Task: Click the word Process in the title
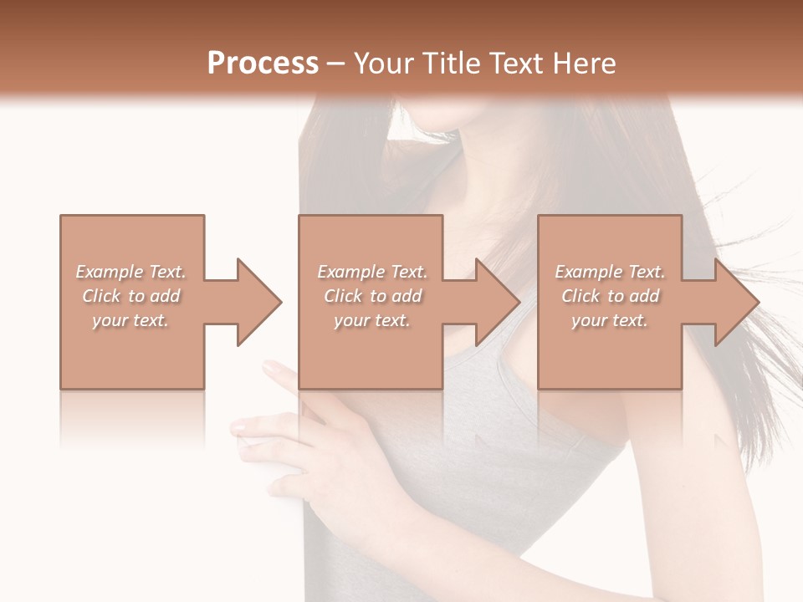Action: coord(263,64)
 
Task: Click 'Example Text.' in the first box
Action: coord(130,272)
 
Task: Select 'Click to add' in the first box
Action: coord(131,296)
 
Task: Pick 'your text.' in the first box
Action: coord(130,320)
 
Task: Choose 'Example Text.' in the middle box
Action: coord(372,272)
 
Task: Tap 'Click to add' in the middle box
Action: coord(372,296)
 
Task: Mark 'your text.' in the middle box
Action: coord(372,320)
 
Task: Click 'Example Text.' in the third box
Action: coord(610,272)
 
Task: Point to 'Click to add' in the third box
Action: coord(610,296)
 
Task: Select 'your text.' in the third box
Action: coord(610,320)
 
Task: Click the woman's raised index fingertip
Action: coord(269,367)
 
